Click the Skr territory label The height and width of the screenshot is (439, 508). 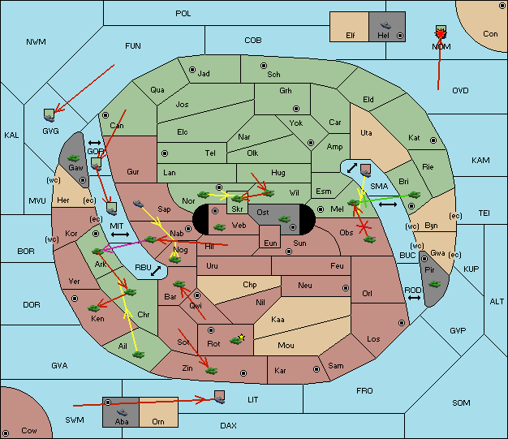click(237, 209)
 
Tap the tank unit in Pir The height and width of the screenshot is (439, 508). click(434, 284)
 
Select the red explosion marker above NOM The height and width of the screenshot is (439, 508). click(441, 34)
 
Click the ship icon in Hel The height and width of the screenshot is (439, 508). click(385, 25)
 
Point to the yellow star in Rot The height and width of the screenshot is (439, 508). click(241, 338)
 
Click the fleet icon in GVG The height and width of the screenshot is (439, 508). click(49, 115)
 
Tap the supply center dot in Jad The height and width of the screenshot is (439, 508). click(192, 70)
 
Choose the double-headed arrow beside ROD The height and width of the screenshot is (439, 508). click(414, 298)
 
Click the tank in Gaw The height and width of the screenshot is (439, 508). click(73, 158)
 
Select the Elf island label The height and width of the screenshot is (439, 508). click(351, 36)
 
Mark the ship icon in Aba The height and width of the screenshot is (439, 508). click(122, 412)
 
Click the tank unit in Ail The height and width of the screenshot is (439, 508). click(138, 355)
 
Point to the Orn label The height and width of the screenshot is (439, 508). click(158, 421)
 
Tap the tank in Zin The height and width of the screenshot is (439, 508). click(211, 370)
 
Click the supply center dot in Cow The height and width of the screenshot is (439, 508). click(6, 433)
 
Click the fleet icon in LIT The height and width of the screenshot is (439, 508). click(220, 397)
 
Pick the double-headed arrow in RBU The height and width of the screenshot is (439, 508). click(156, 271)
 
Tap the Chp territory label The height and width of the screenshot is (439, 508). click(250, 285)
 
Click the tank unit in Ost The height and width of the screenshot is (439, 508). click(284, 219)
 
